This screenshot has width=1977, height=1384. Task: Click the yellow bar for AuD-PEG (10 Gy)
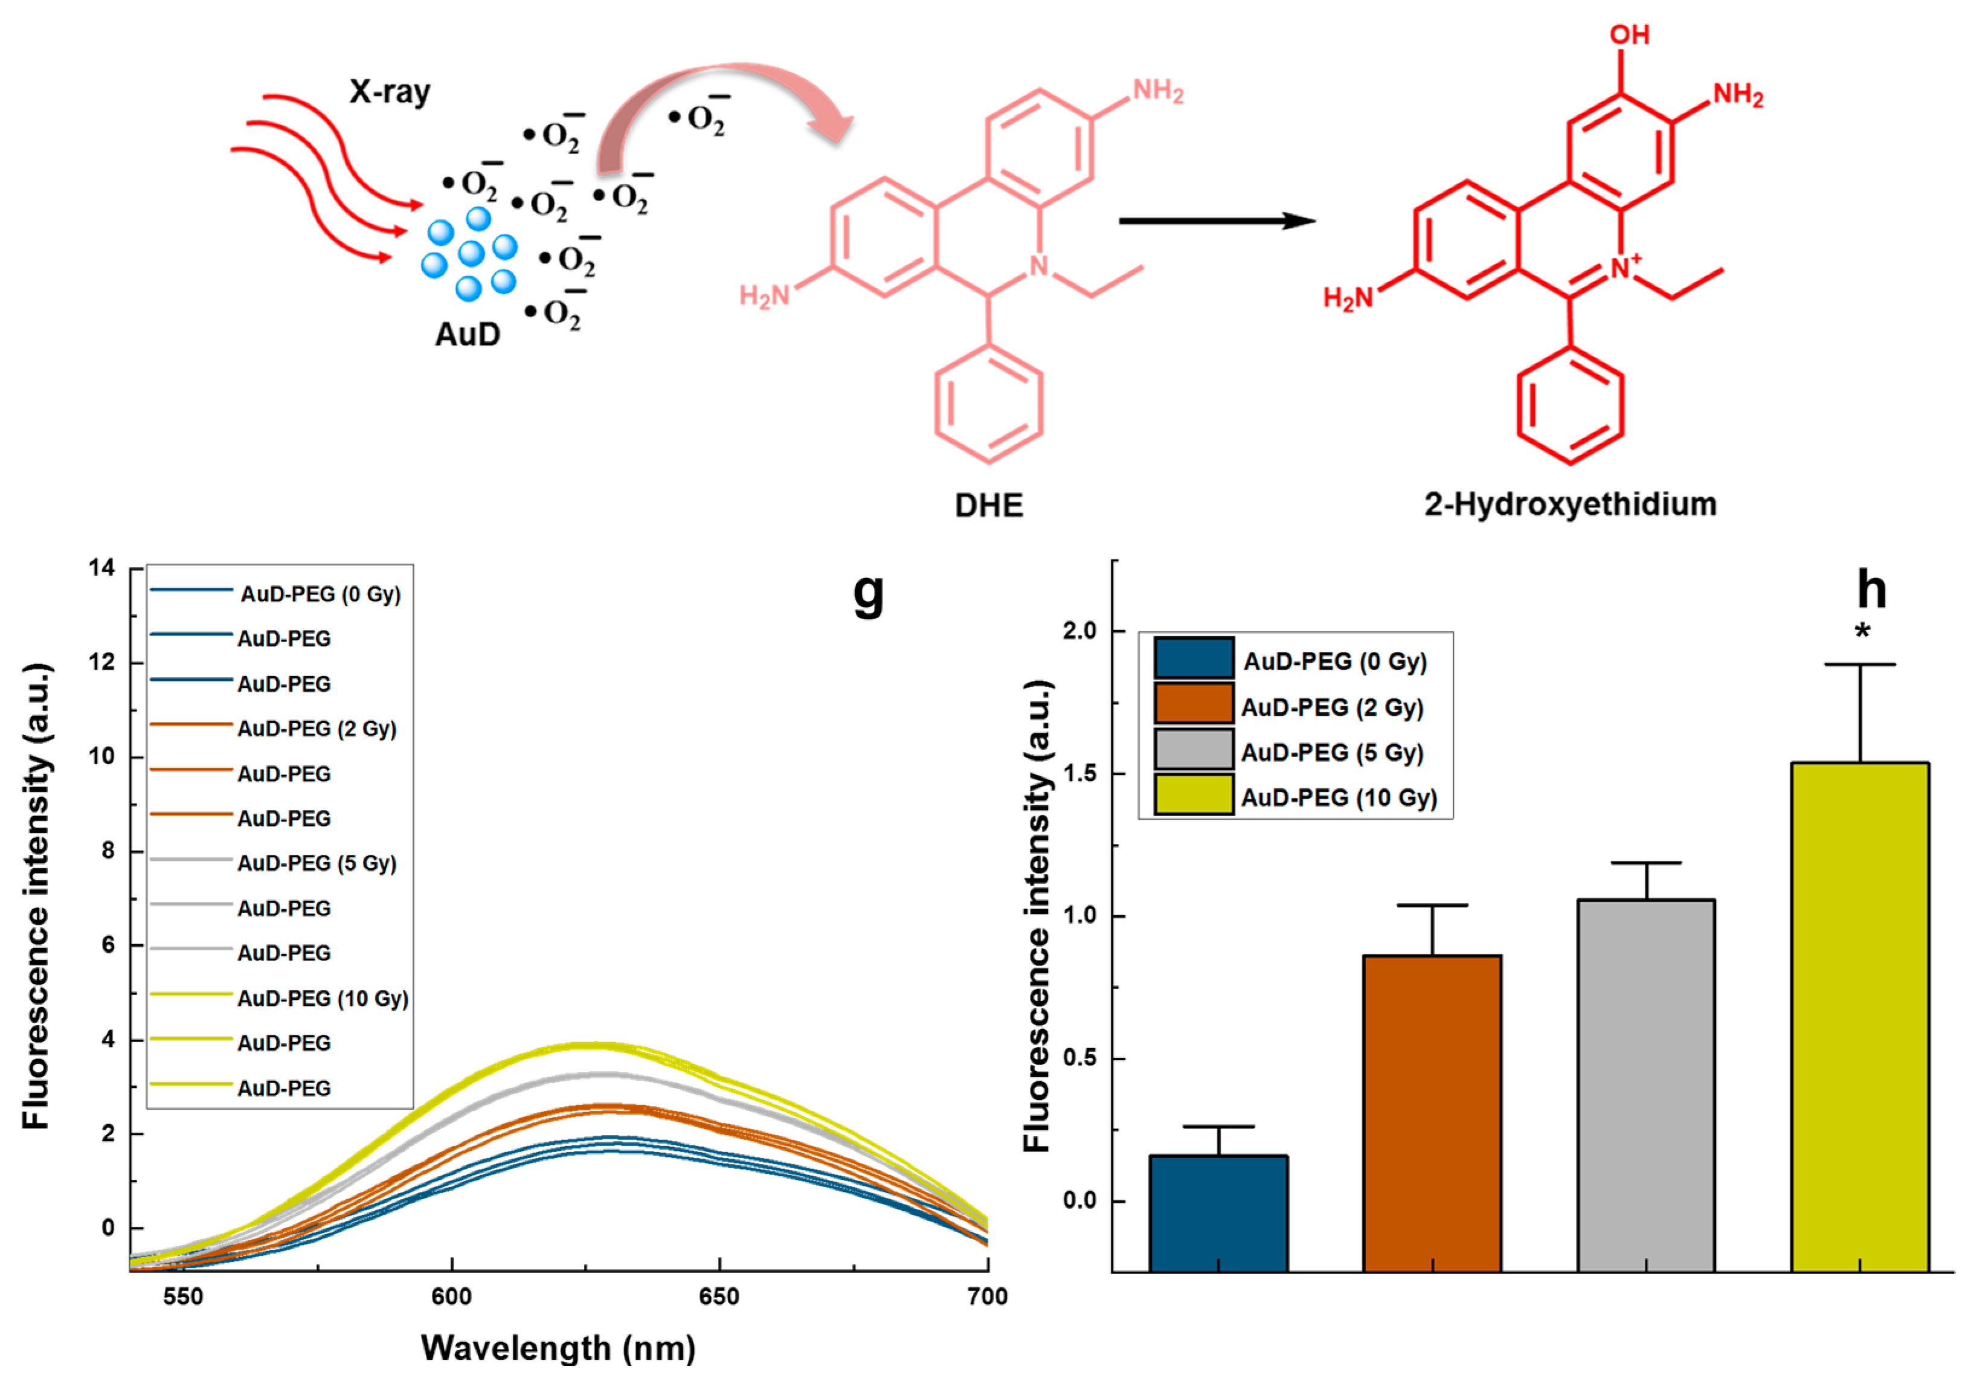tap(1859, 1016)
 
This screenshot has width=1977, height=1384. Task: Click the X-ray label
tap(389, 91)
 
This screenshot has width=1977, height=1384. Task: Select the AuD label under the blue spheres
tap(468, 334)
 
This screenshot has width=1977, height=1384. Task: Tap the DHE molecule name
tap(988, 504)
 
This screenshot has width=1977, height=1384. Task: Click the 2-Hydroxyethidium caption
tap(1570, 504)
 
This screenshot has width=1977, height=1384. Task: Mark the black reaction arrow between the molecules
tap(1216, 221)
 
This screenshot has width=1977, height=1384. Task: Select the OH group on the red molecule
tap(1629, 34)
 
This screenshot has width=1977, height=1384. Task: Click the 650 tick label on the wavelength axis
tap(719, 1296)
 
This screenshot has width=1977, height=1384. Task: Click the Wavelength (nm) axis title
tap(558, 1348)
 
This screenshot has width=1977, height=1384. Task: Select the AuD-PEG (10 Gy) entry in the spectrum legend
tap(323, 998)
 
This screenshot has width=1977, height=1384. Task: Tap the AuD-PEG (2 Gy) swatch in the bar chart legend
tap(1194, 703)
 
